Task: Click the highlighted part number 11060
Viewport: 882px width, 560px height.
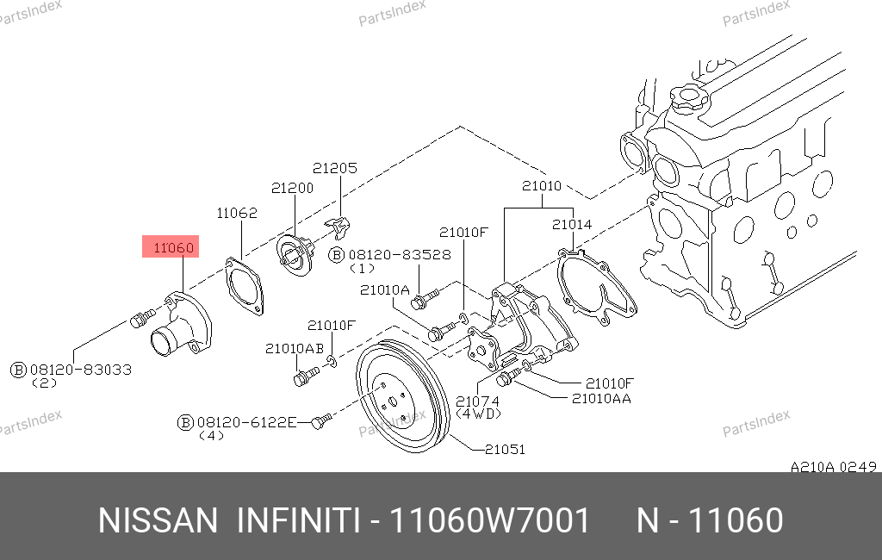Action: tap(173, 247)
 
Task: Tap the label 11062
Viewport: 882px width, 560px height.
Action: tap(237, 213)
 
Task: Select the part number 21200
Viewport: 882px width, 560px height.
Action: tap(292, 188)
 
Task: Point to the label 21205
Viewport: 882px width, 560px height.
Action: tap(335, 168)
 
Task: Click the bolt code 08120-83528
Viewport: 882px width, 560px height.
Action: tap(400, 255)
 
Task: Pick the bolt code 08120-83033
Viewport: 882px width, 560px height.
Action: tap(80, 370)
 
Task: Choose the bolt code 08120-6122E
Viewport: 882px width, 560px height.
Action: tap(246, 422)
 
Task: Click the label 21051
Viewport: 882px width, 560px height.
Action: tap(505, 449)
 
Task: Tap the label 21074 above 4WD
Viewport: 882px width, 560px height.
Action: tap(477, 401)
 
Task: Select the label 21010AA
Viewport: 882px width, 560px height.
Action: tap(601, 399)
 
